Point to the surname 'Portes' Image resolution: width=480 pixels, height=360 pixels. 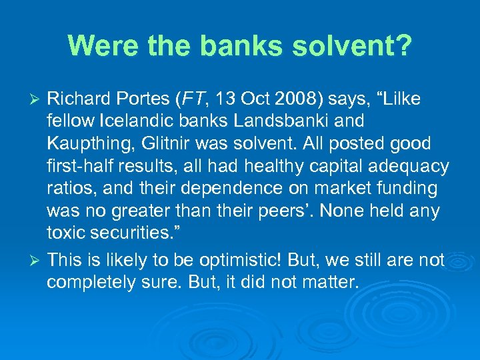click(141, 99)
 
